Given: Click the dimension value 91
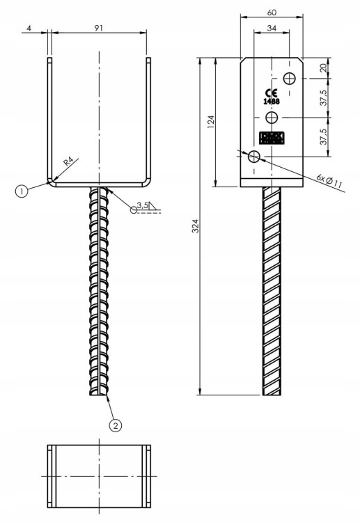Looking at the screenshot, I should [x=99, y=27].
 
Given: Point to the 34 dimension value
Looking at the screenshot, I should [x=271, y=28].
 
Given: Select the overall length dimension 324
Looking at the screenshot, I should [x=195, y=226].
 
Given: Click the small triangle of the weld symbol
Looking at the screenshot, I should [x=154, y=205].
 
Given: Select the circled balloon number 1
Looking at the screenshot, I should [x=22, y=190].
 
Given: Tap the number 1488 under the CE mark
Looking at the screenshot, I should [x=271, y=102].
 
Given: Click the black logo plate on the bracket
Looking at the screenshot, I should [x=272, y=138].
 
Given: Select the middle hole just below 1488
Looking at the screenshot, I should [x=272, y=116].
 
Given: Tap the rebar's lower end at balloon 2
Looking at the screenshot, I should [x=100, y=394].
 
